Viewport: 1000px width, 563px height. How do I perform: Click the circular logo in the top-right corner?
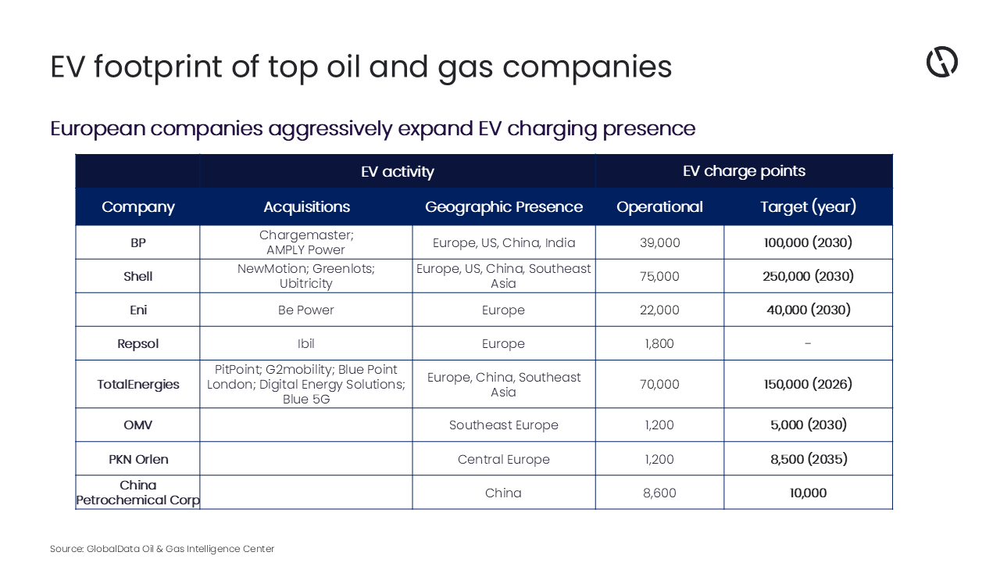(941, 62)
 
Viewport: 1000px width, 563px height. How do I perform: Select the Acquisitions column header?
(306, 207)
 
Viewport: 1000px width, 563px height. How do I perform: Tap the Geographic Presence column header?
(503, 207)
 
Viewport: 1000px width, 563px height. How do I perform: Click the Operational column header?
(659, 207)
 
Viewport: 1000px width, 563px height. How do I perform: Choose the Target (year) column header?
(808, 207)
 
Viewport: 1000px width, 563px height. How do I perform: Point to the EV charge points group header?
(743, 171)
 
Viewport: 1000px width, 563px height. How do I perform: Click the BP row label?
(137, 243)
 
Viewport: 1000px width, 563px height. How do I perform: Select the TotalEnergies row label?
(138, 385)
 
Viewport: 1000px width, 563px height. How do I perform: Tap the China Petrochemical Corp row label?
(137, 493)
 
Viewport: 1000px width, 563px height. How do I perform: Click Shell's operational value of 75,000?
(659, 277)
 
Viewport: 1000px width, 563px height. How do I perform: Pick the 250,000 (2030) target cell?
(808, 277)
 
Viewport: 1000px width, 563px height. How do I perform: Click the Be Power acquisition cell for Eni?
(306, 310)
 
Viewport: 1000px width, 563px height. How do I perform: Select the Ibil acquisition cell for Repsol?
(306, 344)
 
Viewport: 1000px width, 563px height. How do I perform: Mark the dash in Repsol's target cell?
(808, 344)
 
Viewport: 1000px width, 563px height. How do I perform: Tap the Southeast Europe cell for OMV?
(503, 425)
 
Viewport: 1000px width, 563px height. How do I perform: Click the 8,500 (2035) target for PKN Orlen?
(808, 459)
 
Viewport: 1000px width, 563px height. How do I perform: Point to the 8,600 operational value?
(659, 493)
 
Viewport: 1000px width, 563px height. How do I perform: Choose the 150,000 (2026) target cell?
(808, 385)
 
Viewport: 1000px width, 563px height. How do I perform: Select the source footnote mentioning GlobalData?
(162, 549)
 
